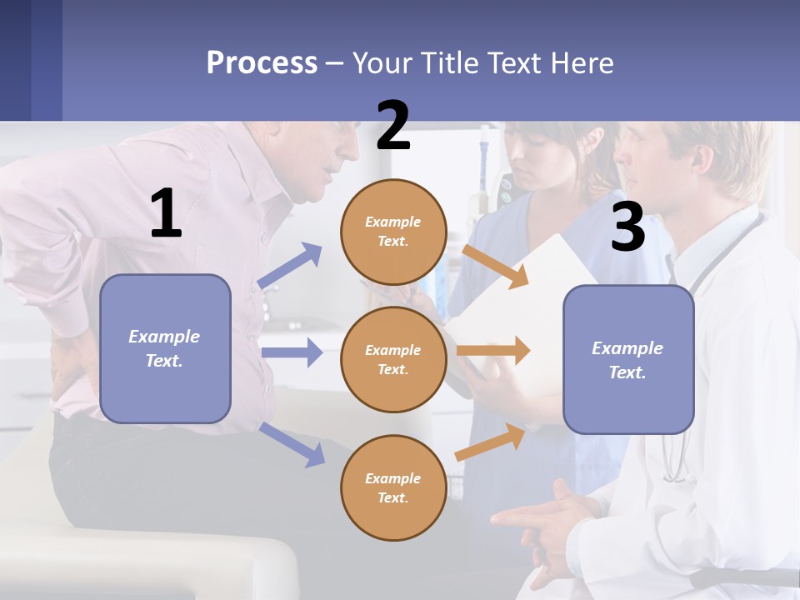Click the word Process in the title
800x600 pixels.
[x=262, y=63]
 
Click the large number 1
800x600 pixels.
[x=166, y=214]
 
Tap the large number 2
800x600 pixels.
[x=393, y=126]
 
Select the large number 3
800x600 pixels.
[x=627, y=227]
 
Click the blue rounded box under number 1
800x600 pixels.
[x=165, y=348]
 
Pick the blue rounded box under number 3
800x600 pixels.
[x=628, y=359]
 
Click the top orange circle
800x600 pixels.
[x=393, y=232]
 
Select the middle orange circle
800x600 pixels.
[x=393, y=359]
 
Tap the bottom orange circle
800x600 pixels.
[x=393, y=487]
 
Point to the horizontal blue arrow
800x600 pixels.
[x=292, y=352]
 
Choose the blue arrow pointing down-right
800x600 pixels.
[x=292, y=444]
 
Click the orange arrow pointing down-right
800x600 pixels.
[x=495, y=266]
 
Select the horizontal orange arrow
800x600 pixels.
[x=493, y=351]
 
